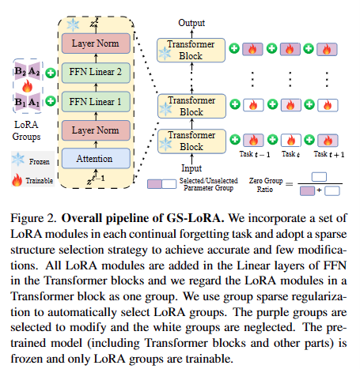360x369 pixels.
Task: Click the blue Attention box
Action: coord(96,158)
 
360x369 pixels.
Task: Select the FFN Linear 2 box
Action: coord(96,73)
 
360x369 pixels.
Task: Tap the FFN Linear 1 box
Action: coord(96,102)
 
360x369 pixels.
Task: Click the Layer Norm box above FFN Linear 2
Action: coord(96,43)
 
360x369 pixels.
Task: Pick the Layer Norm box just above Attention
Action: coord(96,130)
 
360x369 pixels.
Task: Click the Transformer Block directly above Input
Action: coord(191,141)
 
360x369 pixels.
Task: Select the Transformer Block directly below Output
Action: coord(191,50)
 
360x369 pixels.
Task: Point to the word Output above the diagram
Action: coord(191,23)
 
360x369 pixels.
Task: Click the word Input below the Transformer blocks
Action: coord(191,168)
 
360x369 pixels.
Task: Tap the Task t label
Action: coord(290,154)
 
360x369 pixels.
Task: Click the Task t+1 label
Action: coord(329,154)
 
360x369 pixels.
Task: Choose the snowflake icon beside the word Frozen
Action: coord(18,160)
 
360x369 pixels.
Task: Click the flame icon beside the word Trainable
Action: coord(17,180)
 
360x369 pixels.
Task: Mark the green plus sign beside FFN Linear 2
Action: coord(51,73)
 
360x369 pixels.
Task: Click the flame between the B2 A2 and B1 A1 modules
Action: coord(27,86)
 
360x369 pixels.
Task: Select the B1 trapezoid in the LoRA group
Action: coord(21,102)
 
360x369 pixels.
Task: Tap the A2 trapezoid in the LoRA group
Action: coord(34,71)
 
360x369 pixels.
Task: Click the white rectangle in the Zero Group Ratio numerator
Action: coord(319,177)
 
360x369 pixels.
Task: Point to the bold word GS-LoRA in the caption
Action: coord(195,218)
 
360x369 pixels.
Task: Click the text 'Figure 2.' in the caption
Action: coord(33,218)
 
